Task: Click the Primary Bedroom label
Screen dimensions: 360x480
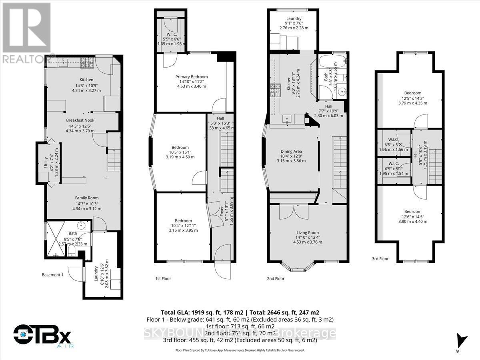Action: [x=191, y=77]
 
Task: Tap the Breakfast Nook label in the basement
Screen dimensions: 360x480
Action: [x=80, y=120]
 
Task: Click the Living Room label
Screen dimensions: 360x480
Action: [x=307, y=232]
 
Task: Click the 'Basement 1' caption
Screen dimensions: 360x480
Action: [x=53, y=275]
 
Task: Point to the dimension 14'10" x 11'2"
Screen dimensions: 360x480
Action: [x=191, y=82]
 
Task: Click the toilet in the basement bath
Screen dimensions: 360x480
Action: [x=71, y=250]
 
